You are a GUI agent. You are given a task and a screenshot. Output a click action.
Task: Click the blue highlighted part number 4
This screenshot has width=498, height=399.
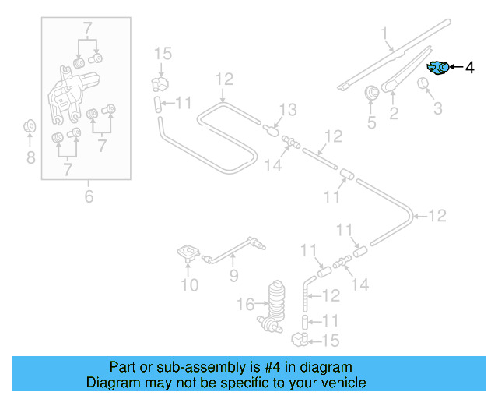(439, 69)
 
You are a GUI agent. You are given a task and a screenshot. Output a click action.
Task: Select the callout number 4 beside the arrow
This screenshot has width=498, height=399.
(469, 69)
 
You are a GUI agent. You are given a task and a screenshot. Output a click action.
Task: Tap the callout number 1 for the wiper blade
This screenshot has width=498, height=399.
(384, 33)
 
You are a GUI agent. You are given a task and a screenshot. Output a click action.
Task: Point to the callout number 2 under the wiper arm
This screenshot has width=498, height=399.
(394, 115)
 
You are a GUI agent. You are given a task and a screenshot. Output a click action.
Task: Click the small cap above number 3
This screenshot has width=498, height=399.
(426, 84)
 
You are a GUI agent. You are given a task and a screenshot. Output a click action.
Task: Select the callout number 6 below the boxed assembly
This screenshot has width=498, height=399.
(89, 197)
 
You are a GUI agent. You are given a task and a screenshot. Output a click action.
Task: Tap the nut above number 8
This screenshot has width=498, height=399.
(30, 125)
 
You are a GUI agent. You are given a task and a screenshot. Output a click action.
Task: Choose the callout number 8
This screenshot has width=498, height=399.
(30, 158)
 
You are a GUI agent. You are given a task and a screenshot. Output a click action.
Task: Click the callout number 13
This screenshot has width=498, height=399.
(288, 110)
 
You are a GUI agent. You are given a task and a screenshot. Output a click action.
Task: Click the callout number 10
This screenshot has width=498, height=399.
(190, 285)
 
